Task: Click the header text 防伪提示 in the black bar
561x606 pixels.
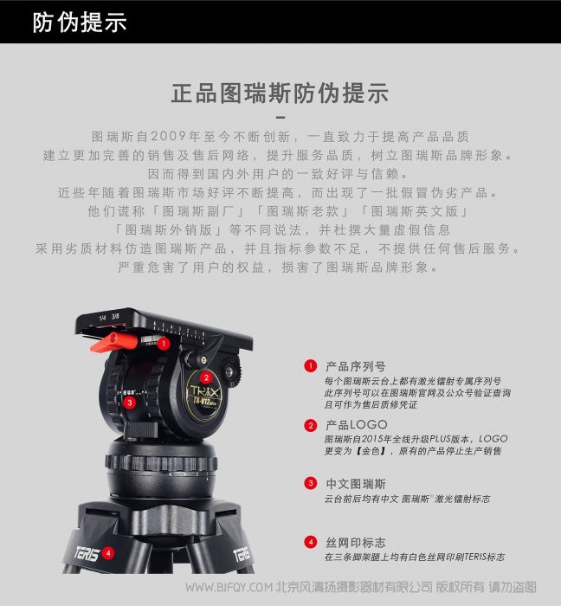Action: pyautogui.click(x=80, y=22)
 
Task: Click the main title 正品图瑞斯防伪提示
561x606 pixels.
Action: pyautogui.click(x=280, y=93)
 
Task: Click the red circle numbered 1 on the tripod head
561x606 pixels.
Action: pyautogui.click(x=164, y=343)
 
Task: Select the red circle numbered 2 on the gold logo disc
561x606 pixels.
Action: pyautogui.click(x=206, y=377)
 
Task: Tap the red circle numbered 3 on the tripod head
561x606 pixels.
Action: pyautogui.click(x=130, y=403)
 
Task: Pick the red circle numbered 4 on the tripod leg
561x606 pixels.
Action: pyautogui.click(x=108, y=553)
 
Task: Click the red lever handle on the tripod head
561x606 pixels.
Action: pyautogui.click(x=113, y=343)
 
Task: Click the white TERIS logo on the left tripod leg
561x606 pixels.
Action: pyautogui.click(x=87, y=554)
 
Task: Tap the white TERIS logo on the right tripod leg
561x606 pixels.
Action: pyautogui.click(x=242, y=554)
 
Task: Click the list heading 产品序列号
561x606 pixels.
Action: pyautogui.click(x=356, y=366)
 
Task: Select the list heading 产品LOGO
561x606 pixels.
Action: pyautogui.click(x=356, y=425)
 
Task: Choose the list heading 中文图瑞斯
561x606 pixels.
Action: pyautogui.click(x=356, y=483)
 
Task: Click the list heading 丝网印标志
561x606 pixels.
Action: pyautogui.click(x=356, y=542)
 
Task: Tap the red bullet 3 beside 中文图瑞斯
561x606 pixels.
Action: pyautogui.click(x=311, y=483)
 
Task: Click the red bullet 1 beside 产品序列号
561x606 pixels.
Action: pyautogui.click(x=311, y=365)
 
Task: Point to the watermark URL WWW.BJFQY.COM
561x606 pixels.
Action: pyautogui.click(x=229, y=588)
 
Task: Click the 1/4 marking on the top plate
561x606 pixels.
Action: pyautogui.click(x=102, y=318)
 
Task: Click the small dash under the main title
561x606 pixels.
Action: pyautogui.click(x=280, y=117)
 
